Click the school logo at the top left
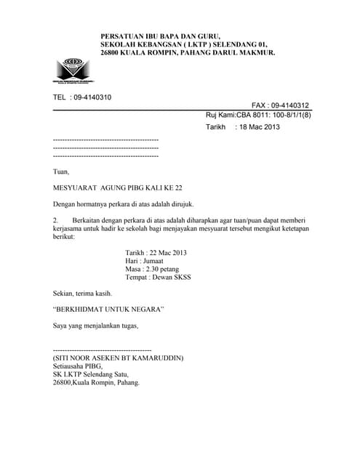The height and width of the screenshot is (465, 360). (76, 69)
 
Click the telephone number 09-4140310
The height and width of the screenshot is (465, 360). (92, 97)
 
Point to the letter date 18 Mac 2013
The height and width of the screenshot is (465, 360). (259, 127)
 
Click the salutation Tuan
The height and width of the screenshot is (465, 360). (61, 172)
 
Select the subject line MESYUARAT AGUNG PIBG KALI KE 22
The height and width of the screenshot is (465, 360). (118, 187)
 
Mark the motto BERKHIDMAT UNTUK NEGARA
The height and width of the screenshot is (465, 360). (109, 310)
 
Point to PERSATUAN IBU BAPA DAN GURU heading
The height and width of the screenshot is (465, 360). (160, 36)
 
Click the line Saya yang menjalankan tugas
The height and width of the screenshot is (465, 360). (95, 325)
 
